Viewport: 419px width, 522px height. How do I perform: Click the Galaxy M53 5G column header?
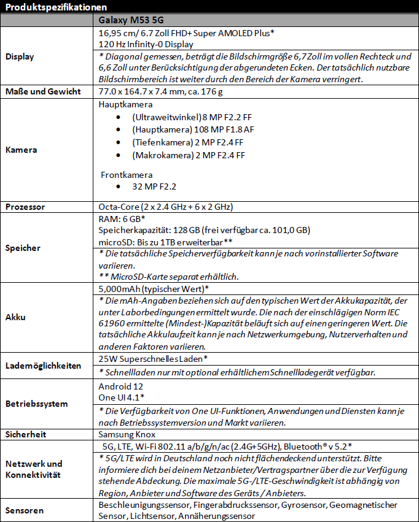127,20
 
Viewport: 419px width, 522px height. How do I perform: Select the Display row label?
20,56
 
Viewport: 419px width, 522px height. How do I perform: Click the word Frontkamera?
127,175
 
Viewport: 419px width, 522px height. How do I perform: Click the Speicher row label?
23,248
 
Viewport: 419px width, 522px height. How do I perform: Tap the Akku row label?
17,318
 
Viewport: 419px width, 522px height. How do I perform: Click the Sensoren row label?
24,510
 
